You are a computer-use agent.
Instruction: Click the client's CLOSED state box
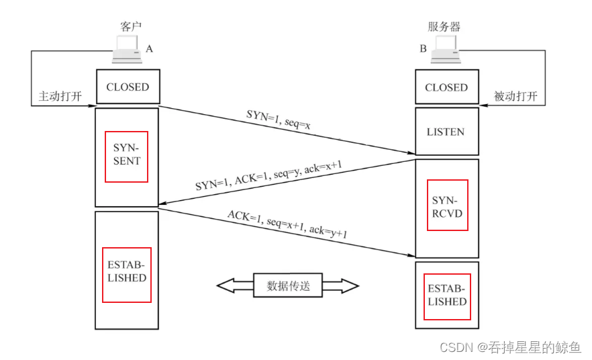click(x=128, y=87)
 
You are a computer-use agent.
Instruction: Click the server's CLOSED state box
click(x=446, y=87)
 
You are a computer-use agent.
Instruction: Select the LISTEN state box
click(x=446, y=132)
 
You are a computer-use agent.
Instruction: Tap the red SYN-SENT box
click(x=126, y=156)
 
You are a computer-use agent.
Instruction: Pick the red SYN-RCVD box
click(x=447, y=205)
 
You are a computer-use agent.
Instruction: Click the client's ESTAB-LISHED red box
click(x=126, y=274)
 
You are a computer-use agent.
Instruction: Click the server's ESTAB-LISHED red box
click(x=447, y=296)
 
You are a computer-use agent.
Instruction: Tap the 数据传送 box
click(x=288, y=285)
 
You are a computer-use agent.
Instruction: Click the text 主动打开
click(x=59, y=96)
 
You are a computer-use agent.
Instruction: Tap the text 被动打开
click(x=515, y=96)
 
